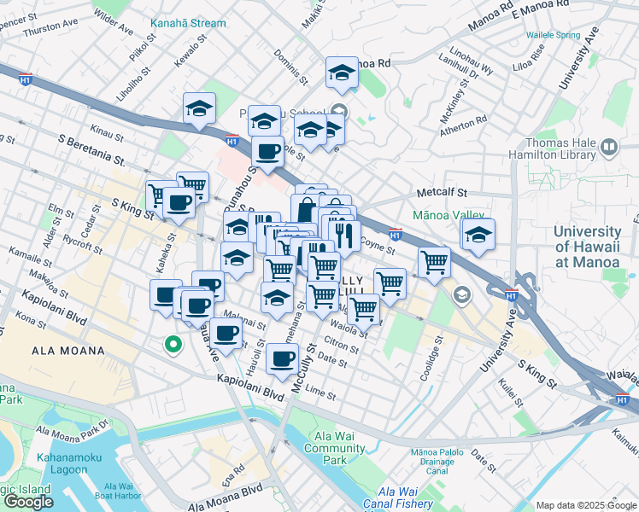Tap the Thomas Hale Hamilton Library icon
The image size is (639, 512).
coord(609,147)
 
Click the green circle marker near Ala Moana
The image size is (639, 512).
coord(173,345)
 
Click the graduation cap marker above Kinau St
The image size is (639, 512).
coord(199,108)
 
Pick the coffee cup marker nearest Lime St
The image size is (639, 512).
coord(282,358)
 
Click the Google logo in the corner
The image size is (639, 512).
coord(28,502)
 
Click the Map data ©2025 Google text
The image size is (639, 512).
coord(586,505)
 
